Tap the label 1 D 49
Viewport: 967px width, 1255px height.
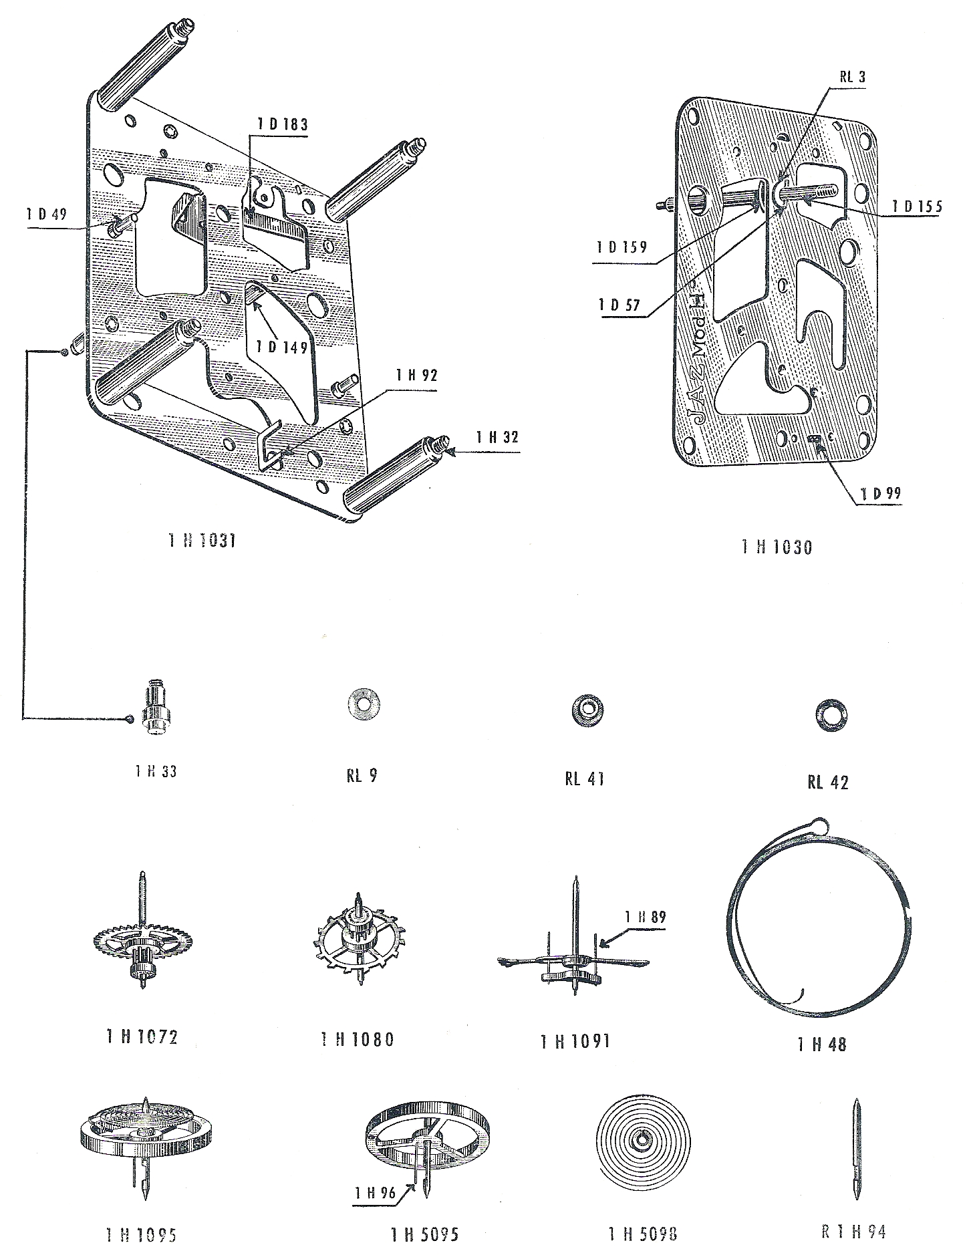tap(47, 215)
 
